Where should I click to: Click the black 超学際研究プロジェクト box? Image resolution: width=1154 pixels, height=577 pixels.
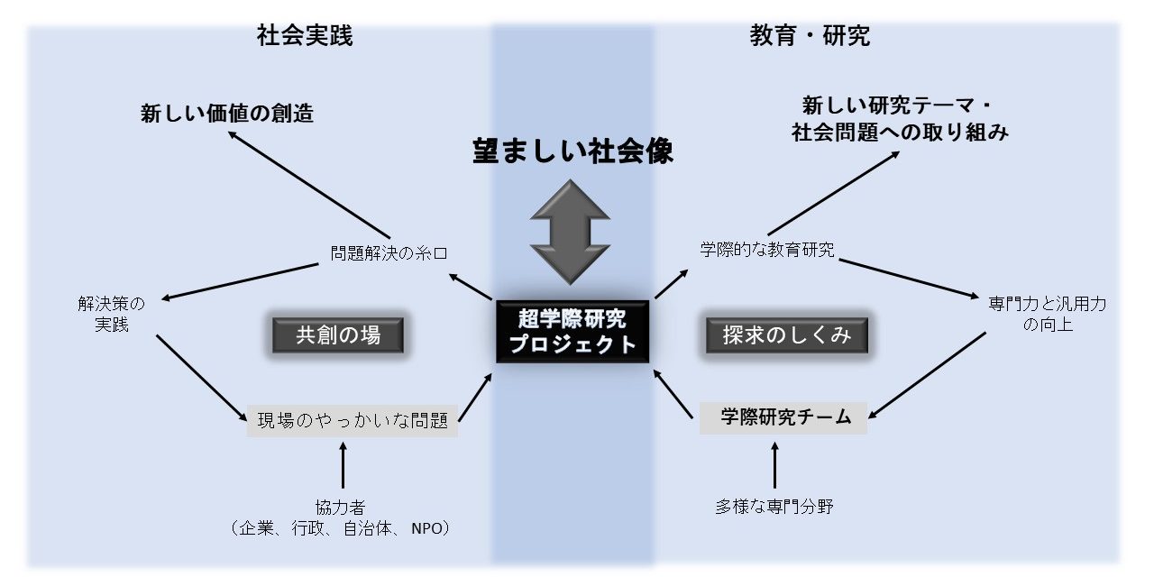coord(572,331)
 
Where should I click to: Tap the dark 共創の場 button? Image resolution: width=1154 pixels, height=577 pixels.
coord(338,335)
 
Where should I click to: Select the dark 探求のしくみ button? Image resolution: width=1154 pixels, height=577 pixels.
coord(787,335)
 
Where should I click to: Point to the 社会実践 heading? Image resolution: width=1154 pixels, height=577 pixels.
coord(305,36)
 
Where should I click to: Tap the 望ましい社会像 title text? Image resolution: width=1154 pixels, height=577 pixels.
coord(573,151)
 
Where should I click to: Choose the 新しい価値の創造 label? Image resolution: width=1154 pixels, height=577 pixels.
coord(227,114)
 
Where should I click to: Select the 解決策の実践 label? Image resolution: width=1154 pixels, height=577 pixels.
coord(111,314)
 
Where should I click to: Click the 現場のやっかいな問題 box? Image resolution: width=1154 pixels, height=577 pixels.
coord(353,420)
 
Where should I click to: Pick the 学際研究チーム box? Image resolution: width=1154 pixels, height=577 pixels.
coord(783,417)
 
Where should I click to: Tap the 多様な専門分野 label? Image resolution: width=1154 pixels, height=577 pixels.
coord(774,507)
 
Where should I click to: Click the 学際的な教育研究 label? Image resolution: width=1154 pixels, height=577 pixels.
coord(767,250)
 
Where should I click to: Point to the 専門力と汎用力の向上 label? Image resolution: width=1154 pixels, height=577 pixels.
coord(1048,314)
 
